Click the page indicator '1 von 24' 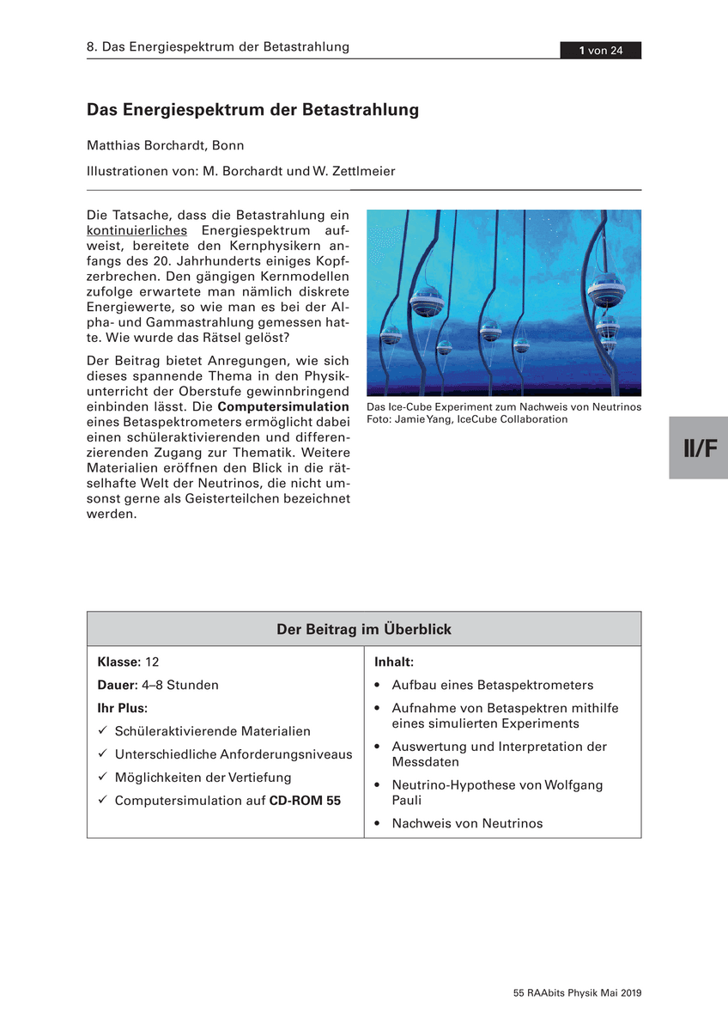point(600,51)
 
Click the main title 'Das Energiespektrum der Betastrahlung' point(252,111)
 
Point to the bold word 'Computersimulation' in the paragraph point(284,406)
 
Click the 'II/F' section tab point(699,448)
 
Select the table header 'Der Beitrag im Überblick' point(364,630)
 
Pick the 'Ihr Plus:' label point(123,709)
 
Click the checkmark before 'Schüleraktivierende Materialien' point(102,731)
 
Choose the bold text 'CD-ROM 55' point(305,801)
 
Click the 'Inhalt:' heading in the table point(395,662)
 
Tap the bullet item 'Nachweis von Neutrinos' point(468,824)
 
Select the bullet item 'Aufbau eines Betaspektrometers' point(493,686)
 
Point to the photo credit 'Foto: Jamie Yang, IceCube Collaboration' point(467,419)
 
